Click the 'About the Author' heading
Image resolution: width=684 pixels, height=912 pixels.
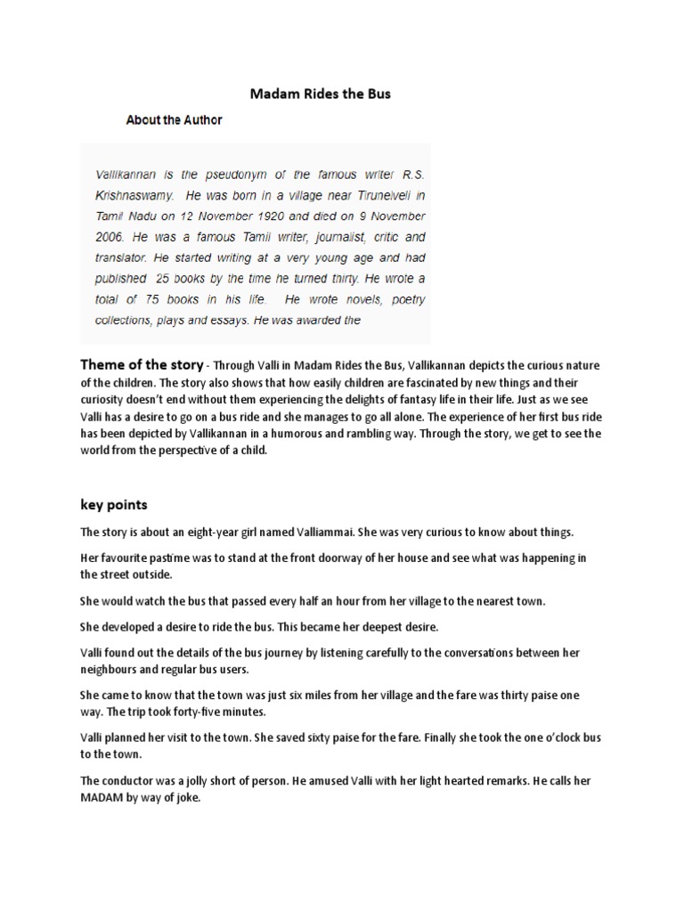(174, 119)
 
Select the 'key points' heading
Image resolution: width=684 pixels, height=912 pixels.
(114, 504)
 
